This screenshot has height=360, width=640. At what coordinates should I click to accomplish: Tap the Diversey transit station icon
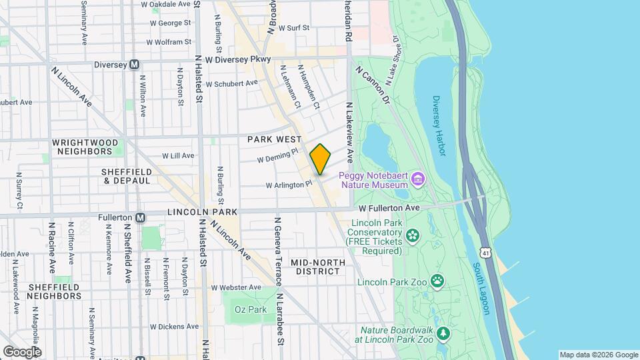[x=134, y=65]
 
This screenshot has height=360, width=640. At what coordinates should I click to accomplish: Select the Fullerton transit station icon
[x=140, y=217]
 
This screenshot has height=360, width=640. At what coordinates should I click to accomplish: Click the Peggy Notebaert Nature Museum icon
[x=418, y=179]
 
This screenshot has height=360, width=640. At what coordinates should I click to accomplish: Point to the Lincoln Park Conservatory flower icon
[x=413, y=235]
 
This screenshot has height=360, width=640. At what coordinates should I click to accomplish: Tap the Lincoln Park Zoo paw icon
[x=437, y=281]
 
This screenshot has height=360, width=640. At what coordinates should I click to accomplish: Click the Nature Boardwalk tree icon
[x=443, y=333]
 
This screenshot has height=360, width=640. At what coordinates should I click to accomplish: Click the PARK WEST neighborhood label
[x=275, y=139]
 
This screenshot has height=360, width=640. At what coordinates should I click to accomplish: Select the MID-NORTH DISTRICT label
[x=318, y=267]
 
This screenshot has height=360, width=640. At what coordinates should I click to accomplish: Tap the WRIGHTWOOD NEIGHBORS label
[x=85, y=147]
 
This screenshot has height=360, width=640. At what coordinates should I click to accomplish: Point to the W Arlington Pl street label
[x=289, y=185]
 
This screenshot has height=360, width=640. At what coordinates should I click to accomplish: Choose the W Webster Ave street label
[x=235, y=287]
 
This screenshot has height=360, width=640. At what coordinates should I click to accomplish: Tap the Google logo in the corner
[x=21, y=351]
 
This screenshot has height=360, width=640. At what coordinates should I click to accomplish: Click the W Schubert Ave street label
[x=231, y=84]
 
